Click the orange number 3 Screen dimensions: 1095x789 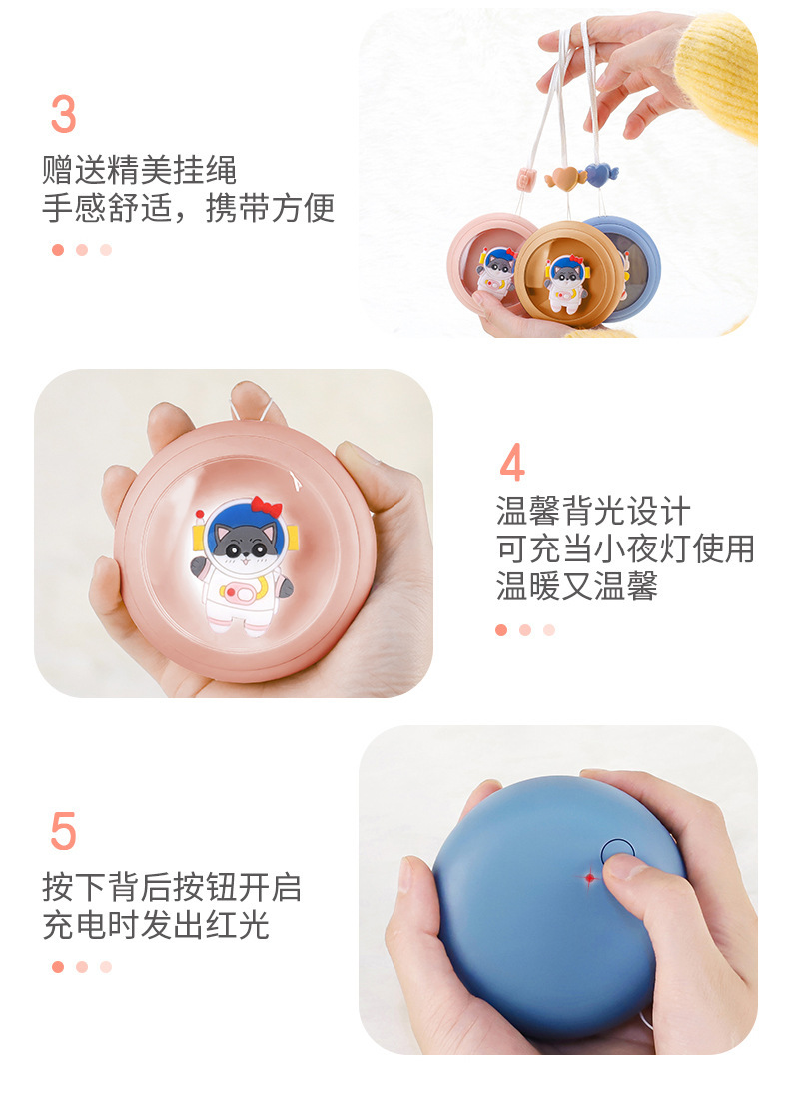pos(63,115)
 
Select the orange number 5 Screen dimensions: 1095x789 pos(63,831)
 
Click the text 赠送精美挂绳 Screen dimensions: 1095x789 pos(139,169)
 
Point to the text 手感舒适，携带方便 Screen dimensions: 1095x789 pos(188,207)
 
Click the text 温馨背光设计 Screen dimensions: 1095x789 pos(593,511)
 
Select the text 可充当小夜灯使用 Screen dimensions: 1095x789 pos(625,548)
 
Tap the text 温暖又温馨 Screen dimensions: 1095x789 pos(576,586)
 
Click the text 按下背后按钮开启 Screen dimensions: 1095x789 pos(171,886)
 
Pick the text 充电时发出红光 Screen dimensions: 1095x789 pos(155,924)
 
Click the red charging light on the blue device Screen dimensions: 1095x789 pos(589,877)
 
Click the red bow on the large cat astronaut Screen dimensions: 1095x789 pos(266,507)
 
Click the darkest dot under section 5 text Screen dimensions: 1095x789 pos(58,966)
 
